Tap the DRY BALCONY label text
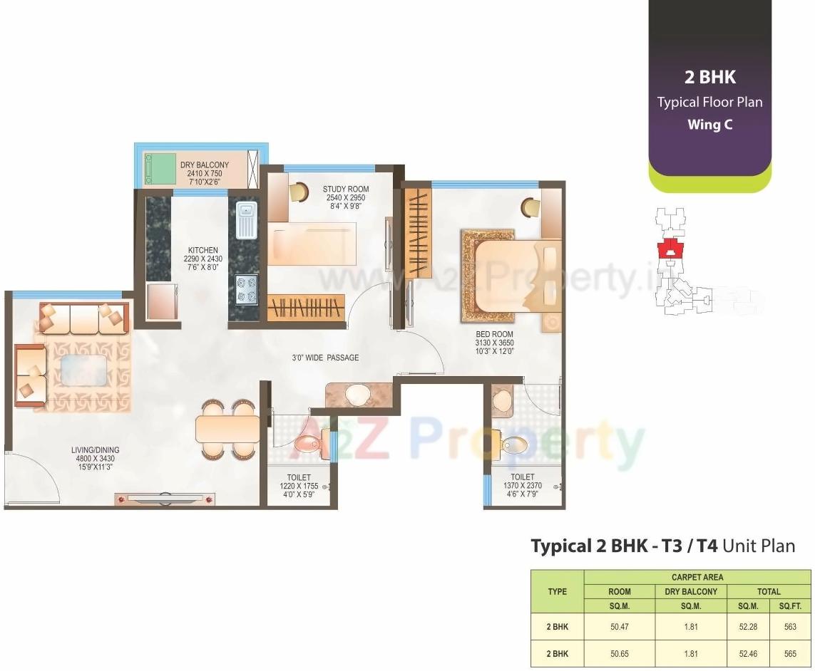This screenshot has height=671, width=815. [205, 165]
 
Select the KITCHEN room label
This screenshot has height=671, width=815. [203, 250]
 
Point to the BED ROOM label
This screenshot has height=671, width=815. [494, 334]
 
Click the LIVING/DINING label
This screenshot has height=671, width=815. [95, 450]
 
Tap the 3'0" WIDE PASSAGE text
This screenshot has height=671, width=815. [324, 358]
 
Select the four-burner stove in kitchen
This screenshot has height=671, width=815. [247, 288]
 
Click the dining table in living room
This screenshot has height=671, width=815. [227, 429]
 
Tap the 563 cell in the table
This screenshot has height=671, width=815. [790, 627]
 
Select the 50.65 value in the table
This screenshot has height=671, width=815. [619, 652]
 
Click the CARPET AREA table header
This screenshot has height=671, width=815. [697, 577]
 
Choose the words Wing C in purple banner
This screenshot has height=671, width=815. [709, 125]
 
